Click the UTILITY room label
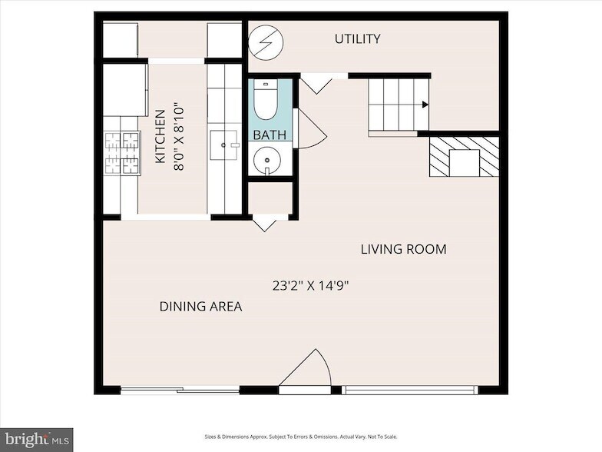[358, 38]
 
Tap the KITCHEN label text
[160, 137]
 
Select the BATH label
[270, 135]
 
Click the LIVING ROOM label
[404, 249]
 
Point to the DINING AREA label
[201, 306]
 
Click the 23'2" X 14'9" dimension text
[310, 286]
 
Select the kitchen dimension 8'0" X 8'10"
[180, 137]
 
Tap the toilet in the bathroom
[266, 100]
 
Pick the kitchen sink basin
[223, 145]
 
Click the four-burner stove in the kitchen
[122, 153]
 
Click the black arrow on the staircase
[425, 105]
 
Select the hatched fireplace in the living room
[464, 157]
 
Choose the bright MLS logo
[37, 440]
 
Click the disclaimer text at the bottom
[301, 437]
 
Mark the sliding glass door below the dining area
[180, 391]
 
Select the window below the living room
[410, 391]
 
